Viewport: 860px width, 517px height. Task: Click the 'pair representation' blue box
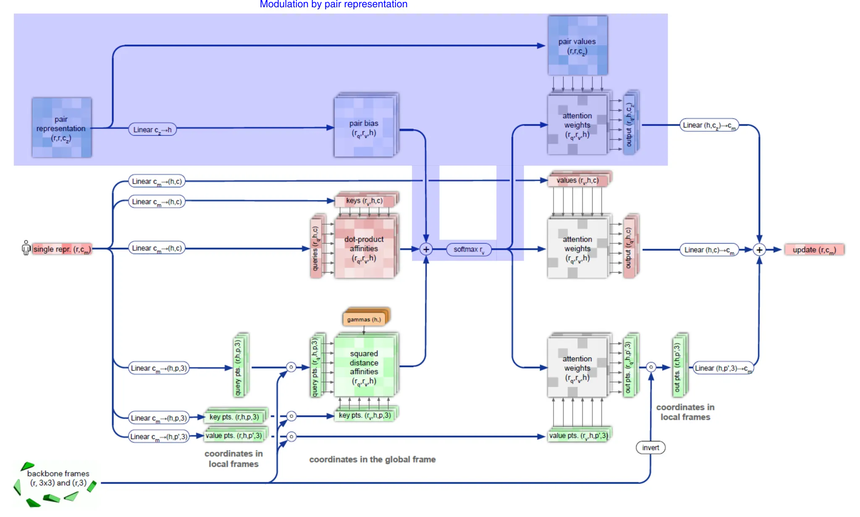(x=62, y=128)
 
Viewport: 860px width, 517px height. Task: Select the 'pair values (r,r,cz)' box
(x=577, y=46)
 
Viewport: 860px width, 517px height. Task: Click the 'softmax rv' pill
(x=469, y=249)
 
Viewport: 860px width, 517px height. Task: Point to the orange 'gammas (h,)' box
(x=364, y=319)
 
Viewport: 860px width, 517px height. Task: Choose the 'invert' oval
(x=650, y=448)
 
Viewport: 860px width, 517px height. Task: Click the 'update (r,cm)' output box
(x=814, y=250)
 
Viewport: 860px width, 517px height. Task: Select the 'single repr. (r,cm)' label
(x=61, y=249)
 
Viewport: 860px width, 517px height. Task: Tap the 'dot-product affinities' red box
(x=364, y=248)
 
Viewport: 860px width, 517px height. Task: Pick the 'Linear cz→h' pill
(x=152, y=129)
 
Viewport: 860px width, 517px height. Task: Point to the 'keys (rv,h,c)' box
(x=364, y=201)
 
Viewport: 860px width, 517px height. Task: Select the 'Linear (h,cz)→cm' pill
(x=709, y=125)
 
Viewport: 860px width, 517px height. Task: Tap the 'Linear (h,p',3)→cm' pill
(x=723, y=368)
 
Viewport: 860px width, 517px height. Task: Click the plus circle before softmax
(x=426, y=249)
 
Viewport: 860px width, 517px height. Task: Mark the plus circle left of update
(x=759, y=250)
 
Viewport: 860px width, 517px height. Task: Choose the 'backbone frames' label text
(x=58, y=478)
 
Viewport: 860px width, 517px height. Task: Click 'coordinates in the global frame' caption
(x=372, y=459)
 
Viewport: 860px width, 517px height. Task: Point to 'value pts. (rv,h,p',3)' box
(x=578, y=436)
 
